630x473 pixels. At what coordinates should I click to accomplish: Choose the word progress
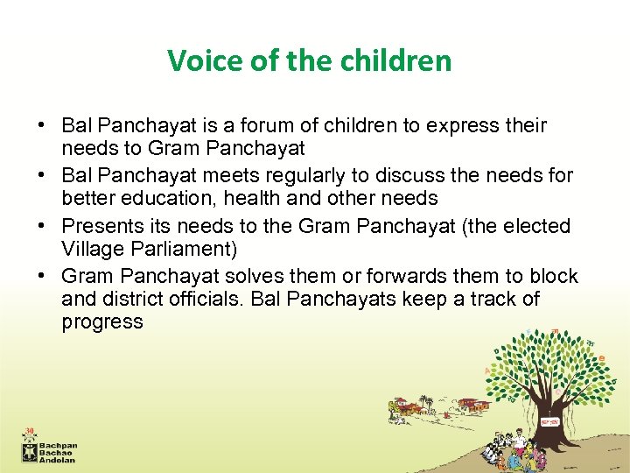click(x=101, y=321)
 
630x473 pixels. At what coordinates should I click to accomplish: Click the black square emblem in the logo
click(x=31, y=451)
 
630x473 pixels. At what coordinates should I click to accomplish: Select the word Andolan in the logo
click(x=59, y=460)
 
